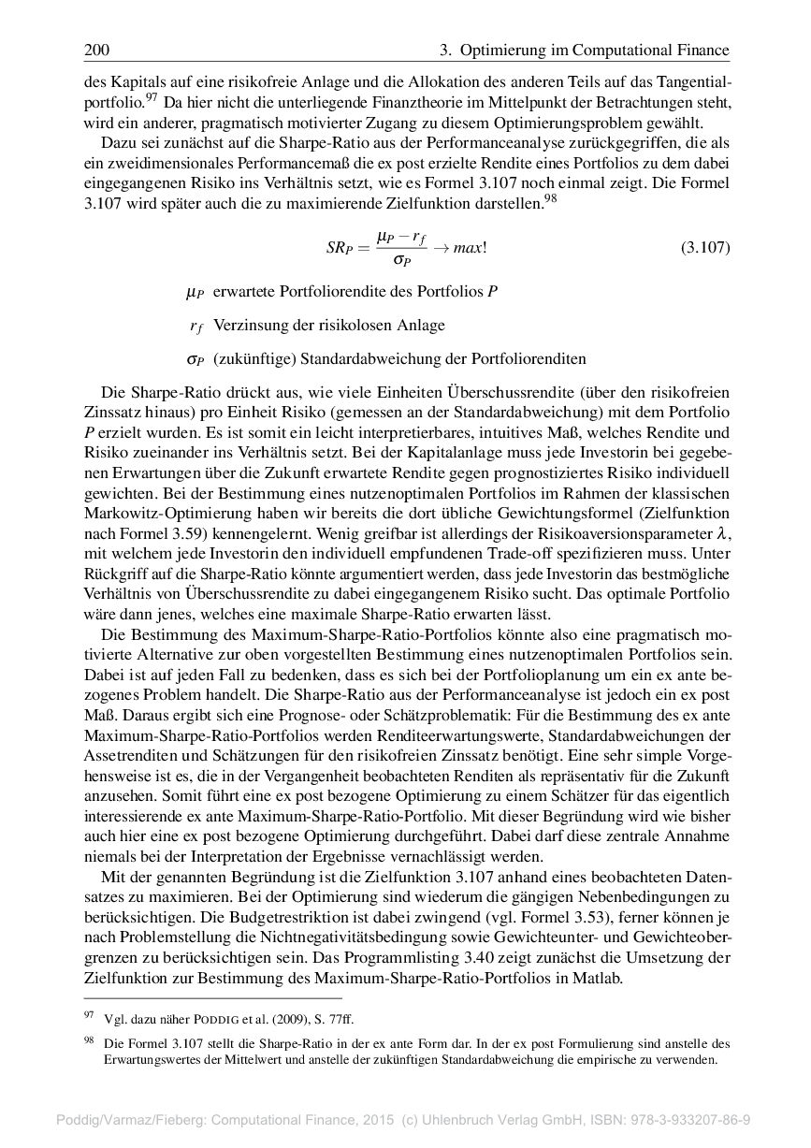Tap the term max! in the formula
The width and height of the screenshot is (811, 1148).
coord(470,248)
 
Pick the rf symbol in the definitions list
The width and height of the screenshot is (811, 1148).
coord(196,327)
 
